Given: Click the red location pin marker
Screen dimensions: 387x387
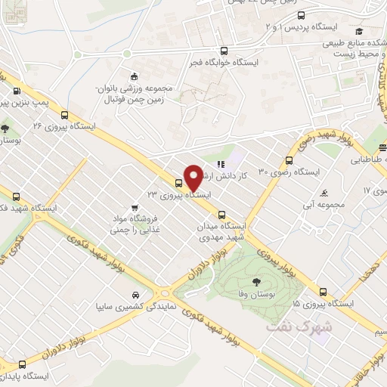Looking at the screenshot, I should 193,177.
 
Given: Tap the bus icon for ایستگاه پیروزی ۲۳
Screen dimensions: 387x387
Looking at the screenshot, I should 179,182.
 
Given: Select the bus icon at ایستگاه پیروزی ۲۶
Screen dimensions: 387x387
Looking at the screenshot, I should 64,116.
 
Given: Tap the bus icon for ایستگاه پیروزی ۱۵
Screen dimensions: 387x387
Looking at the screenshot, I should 324,291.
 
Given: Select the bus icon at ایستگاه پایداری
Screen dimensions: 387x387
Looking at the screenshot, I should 22,364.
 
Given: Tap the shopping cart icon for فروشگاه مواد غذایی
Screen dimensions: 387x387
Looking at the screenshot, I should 134,207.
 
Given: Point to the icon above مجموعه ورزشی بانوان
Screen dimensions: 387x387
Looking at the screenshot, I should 135,76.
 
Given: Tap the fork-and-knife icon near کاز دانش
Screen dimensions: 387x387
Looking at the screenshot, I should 221,163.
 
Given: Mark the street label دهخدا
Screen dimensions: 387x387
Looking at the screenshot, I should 361,278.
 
